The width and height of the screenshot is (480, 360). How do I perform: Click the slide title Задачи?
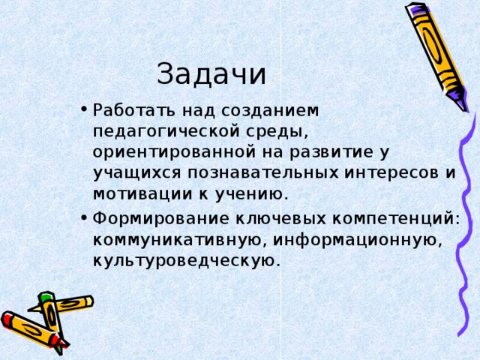point(211,74)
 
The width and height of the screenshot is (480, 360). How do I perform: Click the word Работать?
point(134,110)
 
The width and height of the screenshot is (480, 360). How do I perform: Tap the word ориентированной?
point(174,151)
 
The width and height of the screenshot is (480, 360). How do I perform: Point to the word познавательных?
point(263,172)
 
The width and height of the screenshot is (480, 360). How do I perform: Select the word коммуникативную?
point(177,240)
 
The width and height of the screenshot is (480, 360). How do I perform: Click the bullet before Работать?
point(84,109)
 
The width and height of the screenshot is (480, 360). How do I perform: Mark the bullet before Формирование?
point(84,217)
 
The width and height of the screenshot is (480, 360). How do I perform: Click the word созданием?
point(270,111)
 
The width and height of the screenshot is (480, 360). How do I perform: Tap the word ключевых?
point(280,219)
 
